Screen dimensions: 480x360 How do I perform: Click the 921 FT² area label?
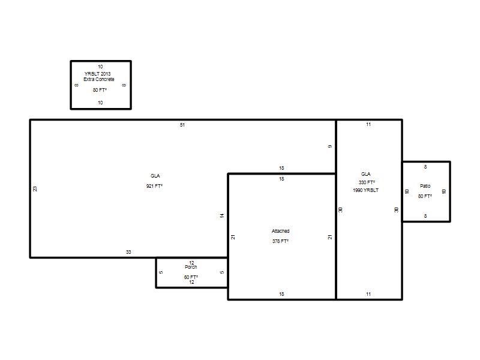[154, 186]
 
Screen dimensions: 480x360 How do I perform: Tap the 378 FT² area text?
[280, 241]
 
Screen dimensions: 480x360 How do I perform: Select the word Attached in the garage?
[280, 231]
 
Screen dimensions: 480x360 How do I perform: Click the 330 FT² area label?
[367, 182]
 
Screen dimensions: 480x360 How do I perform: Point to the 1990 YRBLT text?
[365, 190]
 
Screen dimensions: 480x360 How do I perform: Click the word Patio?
[425, 186]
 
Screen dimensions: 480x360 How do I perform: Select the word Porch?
[191, 267]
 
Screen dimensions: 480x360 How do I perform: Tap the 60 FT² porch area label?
[191, 277]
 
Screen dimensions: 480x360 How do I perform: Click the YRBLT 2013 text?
[98, 74]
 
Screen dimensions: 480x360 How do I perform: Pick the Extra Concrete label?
[99, 79]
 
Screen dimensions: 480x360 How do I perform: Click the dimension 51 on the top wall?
[182, 125]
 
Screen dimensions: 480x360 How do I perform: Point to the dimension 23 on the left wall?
[35, 189]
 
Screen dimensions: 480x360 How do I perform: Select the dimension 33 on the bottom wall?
[128, 252]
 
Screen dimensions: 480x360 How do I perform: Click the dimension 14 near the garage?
[222, 215]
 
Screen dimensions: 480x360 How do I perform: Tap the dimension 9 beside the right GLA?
[330, 146]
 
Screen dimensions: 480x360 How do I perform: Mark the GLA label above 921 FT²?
[155, 176]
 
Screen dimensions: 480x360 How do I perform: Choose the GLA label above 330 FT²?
[366, 174]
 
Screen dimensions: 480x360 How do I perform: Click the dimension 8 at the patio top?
[425, 167]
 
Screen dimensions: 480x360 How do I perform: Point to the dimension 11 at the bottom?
[368, 294]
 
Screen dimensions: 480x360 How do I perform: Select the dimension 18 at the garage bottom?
[281, 294]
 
